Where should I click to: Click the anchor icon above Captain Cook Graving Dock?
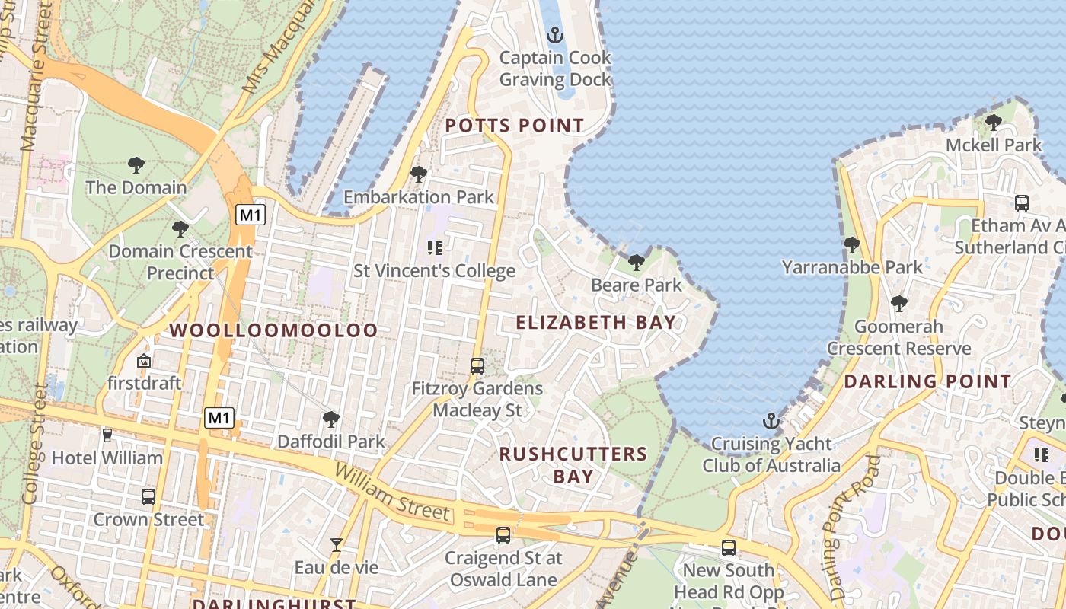[x=555, y=35]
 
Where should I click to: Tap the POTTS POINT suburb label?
[x=515, y=126]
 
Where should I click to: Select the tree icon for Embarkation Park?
[x=418, y=174]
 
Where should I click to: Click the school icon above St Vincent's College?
[x=435, y=247]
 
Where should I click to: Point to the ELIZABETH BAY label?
[x=596, y=322]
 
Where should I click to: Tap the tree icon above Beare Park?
[x=637, y=263]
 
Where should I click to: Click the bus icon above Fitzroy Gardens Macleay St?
[x=477, y=366]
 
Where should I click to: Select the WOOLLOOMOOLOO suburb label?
[x=273, y=330]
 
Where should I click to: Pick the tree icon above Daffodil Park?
[x=330, y=419]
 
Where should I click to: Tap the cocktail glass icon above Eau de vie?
[x=336, y=544]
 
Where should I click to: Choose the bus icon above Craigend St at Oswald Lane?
[x=503, y=535]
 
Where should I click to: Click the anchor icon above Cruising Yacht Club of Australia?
[x=771, y=421]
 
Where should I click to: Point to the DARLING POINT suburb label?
[x=927, y=381]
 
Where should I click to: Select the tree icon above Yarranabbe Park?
[x=852, y=245]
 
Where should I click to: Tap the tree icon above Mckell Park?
[x=993, y=122]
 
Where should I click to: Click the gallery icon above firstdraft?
[x=144, y=361]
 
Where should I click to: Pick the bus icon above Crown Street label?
[x=148, y=497]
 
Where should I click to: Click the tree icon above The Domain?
[x=136, y=164]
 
